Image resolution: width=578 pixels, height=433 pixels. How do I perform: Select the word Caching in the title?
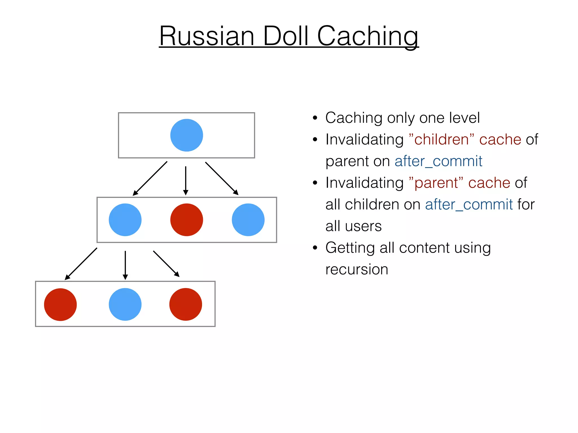367,37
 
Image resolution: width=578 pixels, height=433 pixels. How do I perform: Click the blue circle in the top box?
187,135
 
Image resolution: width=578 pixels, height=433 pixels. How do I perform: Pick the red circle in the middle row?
187,220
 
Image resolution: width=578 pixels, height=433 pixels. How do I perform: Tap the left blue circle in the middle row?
125,220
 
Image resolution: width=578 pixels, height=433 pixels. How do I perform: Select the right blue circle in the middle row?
248,220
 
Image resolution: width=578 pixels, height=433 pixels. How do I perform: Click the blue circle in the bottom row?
125,304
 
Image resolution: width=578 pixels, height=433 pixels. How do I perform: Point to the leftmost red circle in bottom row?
60,304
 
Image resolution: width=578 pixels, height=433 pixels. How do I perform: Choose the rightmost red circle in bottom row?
186,304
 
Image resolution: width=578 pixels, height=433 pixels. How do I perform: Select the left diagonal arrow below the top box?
150,178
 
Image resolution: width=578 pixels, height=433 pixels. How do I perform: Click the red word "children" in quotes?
441,140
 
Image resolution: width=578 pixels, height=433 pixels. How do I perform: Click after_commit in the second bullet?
438,161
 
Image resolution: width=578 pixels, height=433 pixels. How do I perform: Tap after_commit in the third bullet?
469,205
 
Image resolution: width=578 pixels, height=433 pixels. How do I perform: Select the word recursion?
357,269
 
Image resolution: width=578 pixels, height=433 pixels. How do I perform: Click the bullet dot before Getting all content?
315,248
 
